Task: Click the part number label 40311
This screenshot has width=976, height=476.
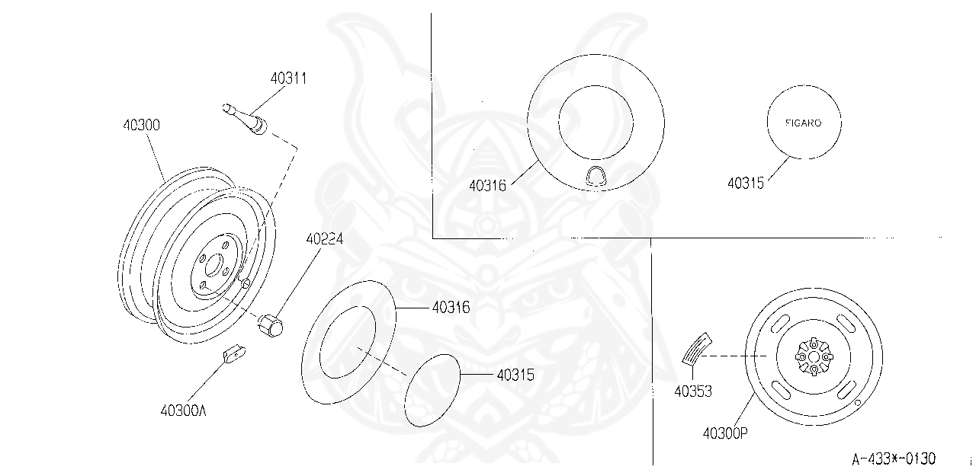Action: pyautogui.click(x=288, y=78)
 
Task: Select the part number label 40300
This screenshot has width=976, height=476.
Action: pyautogui.click(x=141, y=124)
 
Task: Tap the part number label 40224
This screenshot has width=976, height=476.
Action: pyautogui.click(x=325, y=238)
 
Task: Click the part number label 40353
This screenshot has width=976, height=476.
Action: pyautogui.click(x=693, y=391)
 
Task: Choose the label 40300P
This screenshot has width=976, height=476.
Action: pyautogui.click(x=725, y=433)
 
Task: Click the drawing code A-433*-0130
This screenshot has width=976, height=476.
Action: pyautogui.click(x=894, y=458)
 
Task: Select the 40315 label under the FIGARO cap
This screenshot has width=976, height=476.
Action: pyautogui.click(x=746, y=183)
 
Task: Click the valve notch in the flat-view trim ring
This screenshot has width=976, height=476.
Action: pyautogui.click(x=596, y=176)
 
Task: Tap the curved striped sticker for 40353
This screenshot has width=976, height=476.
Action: pyautogui.click(x=695, y=348)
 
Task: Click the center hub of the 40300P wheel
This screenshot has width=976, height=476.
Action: pyautogui.click(x=814, y=356)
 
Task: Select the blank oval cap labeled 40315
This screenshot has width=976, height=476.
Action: pyautogui.click(x=433, y=389)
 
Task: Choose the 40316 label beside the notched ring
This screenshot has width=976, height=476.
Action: pyautogui.click(x=487, y=184)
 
